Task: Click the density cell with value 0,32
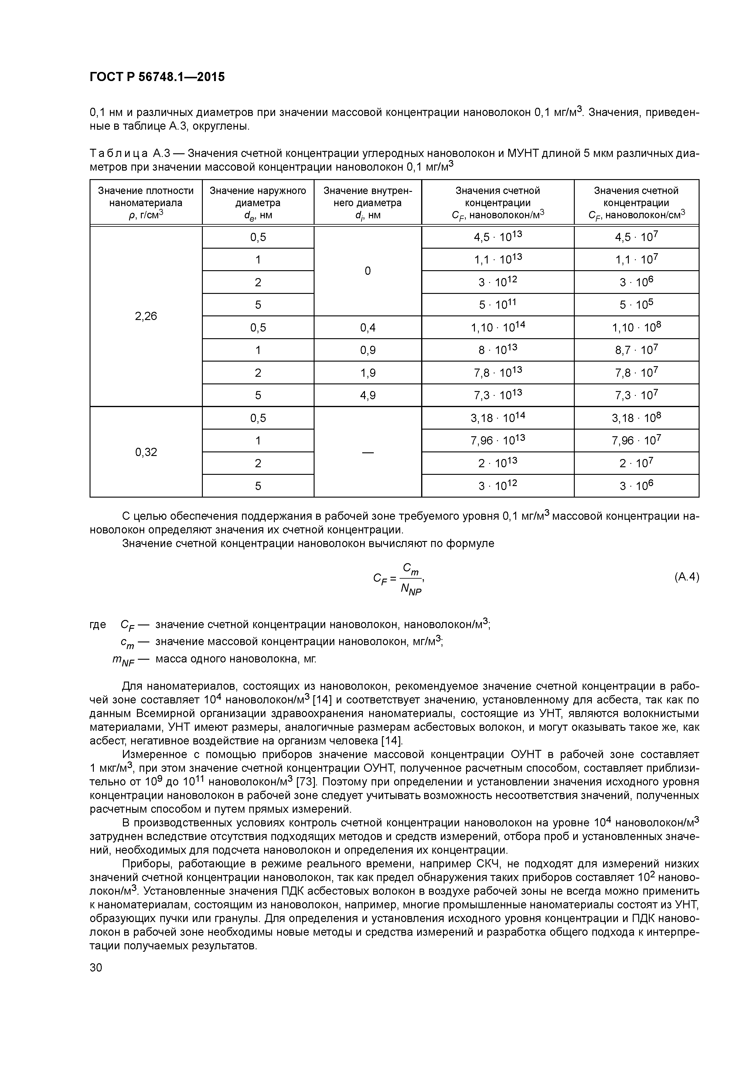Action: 146,452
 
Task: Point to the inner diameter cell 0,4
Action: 367,328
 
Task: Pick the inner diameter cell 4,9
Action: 367,396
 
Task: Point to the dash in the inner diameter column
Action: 367,452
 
